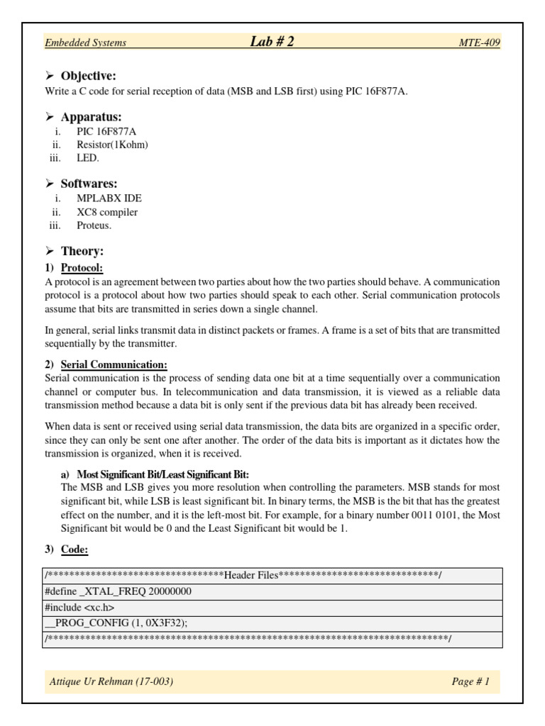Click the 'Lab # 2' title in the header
tap(272, 42)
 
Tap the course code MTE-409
tap(480, 43)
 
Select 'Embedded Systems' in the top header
tap(85, 43)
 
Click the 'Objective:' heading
tap(88, 76)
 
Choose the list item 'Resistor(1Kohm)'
tap(112, 145)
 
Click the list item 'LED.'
tap(88, 158)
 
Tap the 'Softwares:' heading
tap(89, 184)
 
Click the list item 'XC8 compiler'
tap(107, 212)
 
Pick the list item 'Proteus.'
tap(94, 225)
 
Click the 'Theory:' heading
tap(82, 251)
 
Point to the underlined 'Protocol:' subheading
tap(82, 268)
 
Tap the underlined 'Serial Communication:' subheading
tap(114, 364)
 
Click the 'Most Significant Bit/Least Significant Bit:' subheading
tap(163, 474)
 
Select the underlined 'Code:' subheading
tap(75, 549)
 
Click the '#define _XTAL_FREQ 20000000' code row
tap(118, 591)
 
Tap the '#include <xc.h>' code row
tap(79, 608)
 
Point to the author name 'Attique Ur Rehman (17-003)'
tap(111, 682)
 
